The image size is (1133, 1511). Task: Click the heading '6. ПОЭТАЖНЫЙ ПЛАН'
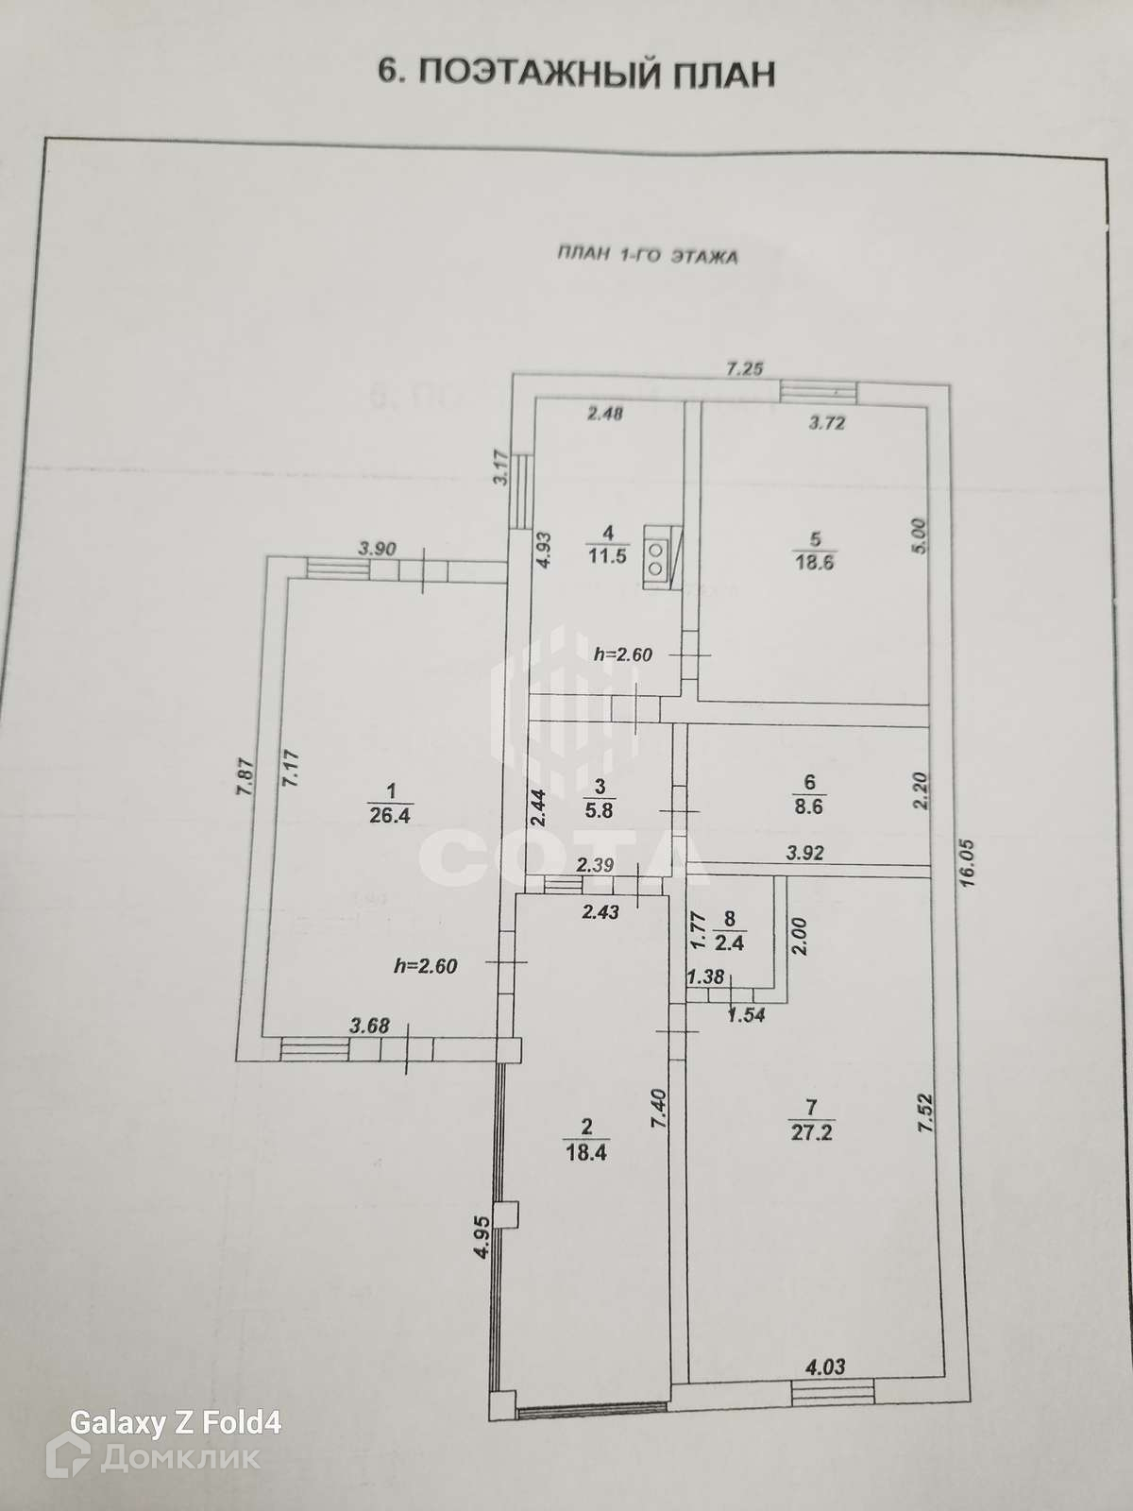coord(576,72)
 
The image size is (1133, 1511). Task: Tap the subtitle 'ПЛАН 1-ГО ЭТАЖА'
coord(647,255)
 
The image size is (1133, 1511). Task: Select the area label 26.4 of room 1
coord(390,816)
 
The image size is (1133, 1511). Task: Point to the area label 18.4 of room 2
coord(586,1152)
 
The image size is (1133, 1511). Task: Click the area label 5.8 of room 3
coord(600,809)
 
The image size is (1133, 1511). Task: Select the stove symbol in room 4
coord(658,556)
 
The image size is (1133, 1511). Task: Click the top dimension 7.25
coord(743,368)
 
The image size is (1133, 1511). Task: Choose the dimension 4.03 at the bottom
coord(824,1366)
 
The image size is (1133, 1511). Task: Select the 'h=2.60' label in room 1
coord(425,965)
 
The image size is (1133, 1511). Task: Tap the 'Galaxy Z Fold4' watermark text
coord(177,1422)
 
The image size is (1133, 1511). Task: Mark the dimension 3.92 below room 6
coord(805,852)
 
